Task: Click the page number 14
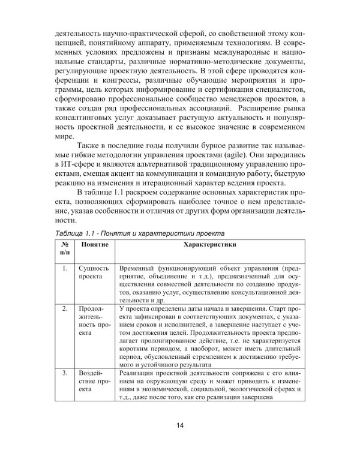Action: click(x=180, y=426)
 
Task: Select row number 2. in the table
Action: click(x=65, y=308)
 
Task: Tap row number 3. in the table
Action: click(x=65, y=374)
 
